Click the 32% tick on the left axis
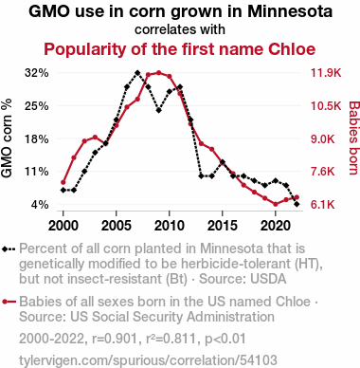37,73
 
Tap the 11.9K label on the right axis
326,73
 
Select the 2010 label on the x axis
170,226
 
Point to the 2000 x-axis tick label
63,226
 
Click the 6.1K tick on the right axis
323,205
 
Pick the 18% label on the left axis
37,138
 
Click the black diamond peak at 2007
137,73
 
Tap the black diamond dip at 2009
158,110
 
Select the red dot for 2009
158,73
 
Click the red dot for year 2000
63,182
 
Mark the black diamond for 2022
297,204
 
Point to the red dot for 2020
276,204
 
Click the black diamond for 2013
201,175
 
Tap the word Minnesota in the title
290,11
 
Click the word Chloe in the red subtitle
292,49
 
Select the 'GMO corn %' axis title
7,138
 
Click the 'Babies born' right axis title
353,138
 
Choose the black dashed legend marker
9,249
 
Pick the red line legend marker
9,302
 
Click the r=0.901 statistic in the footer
115,339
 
